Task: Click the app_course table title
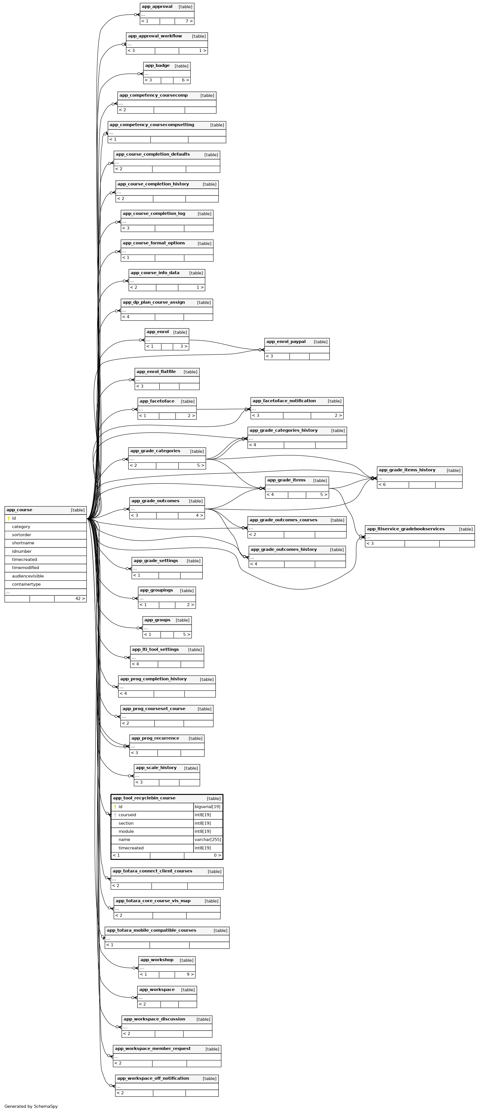(19, 510)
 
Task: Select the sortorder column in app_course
(22, 535)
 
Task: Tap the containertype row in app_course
(26, 584)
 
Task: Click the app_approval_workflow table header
(155, 36)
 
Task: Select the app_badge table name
(157, 66)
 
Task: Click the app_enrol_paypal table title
(286, 342)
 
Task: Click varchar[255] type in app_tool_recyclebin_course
(208, 840)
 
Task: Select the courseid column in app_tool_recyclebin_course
(127, 815)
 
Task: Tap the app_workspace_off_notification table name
(153, 1078)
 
